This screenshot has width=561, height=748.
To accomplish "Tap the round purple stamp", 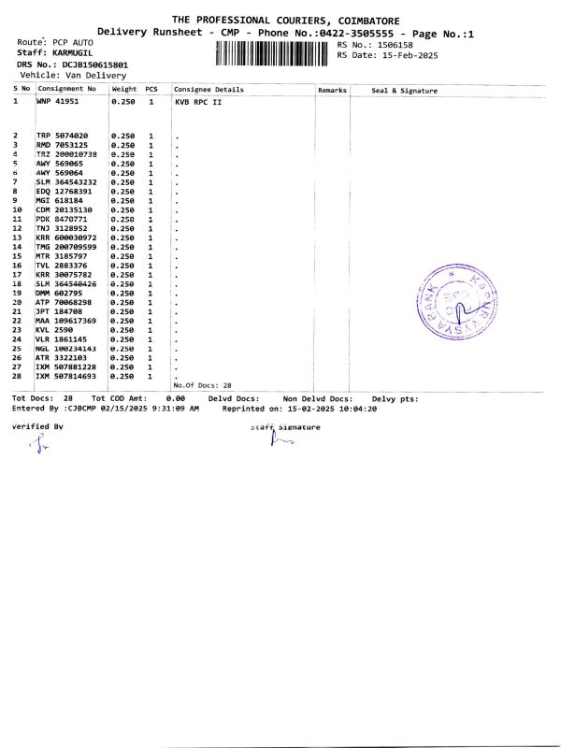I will (458, 299).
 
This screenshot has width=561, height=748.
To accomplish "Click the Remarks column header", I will (332, 90).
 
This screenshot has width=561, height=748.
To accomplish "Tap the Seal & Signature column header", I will (404, 90).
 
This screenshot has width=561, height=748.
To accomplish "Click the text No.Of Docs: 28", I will (202, 385).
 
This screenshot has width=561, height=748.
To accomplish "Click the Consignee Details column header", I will (209, 90).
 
